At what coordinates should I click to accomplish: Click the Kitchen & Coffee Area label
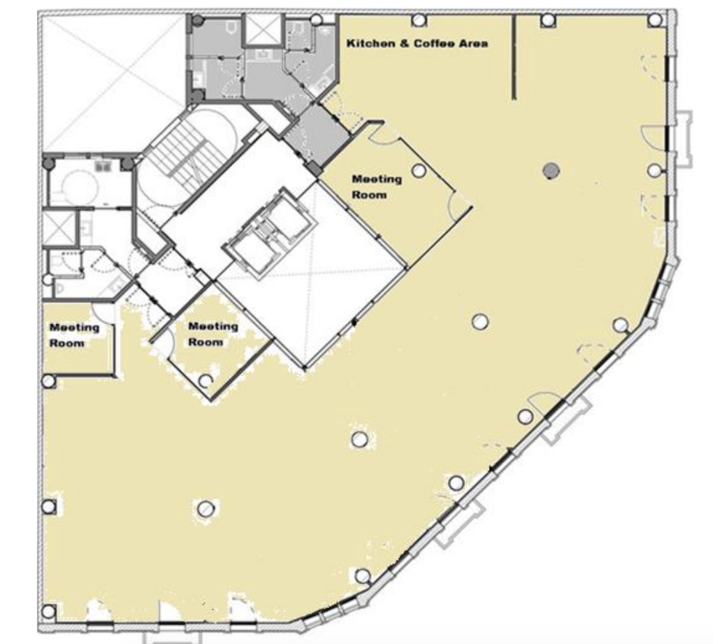point(417,44)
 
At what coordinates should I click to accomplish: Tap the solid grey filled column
point(552,171)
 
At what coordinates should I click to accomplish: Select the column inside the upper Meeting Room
point(419,171)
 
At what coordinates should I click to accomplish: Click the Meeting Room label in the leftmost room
point(74,335)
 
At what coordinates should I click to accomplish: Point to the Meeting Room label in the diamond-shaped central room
point(213,334)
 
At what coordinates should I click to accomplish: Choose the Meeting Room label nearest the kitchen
point(377,187)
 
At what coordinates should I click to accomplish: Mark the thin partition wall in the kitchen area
point(514,57)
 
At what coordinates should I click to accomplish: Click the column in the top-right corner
point(655,20)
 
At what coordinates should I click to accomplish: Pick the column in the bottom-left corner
point(49,611)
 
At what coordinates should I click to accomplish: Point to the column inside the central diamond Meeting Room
point(206,380)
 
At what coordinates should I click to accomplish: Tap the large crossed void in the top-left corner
point(113,77)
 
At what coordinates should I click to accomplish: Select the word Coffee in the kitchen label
point(434,44)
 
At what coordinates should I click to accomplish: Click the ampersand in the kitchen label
point(404,44)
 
